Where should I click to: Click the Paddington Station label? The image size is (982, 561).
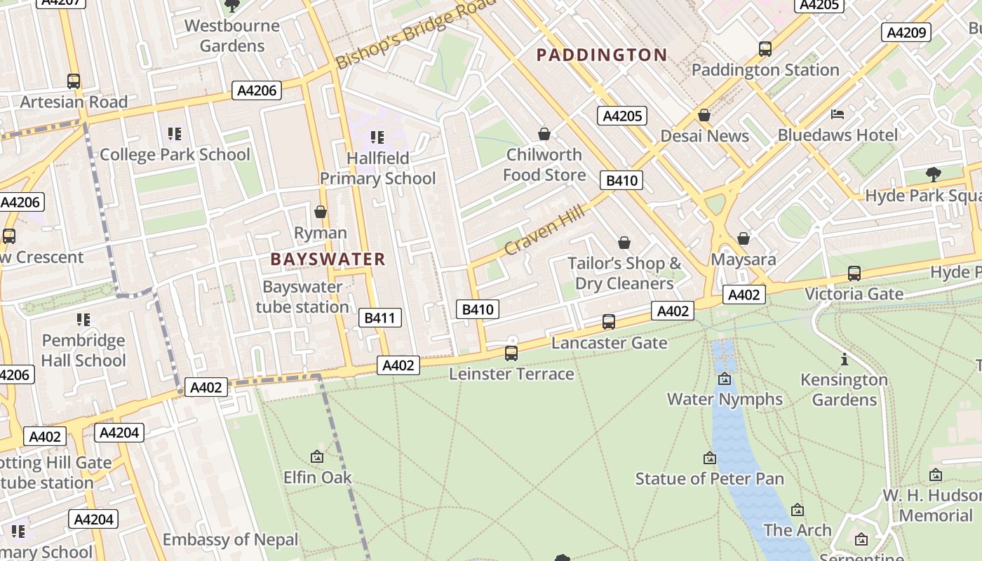(765, 70)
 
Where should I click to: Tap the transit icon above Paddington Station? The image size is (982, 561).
(765, 49)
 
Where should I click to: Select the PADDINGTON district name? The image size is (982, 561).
(602, 55)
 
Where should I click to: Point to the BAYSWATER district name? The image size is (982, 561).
(328, 259)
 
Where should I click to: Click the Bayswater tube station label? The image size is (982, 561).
(302, 297)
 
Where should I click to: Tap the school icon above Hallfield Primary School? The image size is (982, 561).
(377, 137)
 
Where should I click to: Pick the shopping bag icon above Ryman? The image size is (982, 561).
(321, 212)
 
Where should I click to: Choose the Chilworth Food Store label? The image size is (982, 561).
(544, 165)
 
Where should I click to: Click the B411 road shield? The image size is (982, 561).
(380, 318)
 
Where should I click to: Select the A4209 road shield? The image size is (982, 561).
(906, 32)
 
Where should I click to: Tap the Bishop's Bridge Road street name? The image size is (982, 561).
(416, 34)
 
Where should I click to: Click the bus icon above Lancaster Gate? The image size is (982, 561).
(609, 322)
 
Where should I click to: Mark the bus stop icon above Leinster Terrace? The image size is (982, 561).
(511, 353)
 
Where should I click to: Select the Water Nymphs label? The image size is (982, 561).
(725, 399)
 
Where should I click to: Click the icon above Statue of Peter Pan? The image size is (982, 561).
(710, 458)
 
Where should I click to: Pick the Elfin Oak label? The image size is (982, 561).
(317, 478)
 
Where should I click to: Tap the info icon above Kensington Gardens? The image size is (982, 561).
(845, 360)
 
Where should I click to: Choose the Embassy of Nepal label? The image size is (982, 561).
(231, 540)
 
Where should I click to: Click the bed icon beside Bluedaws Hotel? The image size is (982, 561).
(837, 114)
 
